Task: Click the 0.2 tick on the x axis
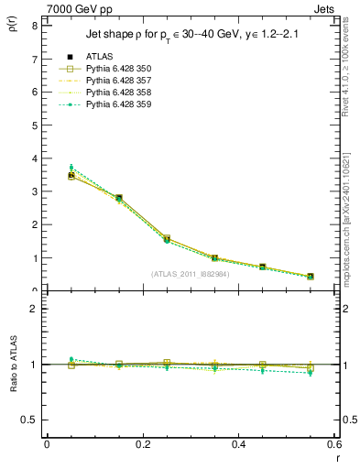pyautogui.click(x=142, y=444)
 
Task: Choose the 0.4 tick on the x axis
pyautogui.click(x=238, y=444)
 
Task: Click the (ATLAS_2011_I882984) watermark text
pyautogui.click(x=190, y=274)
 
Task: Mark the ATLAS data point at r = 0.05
pyautogui.click(x=71, y=175)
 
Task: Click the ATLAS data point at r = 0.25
pyautogui.click(x=167, y=238)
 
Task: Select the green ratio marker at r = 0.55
pyautogui.click(x=311, y=373)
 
